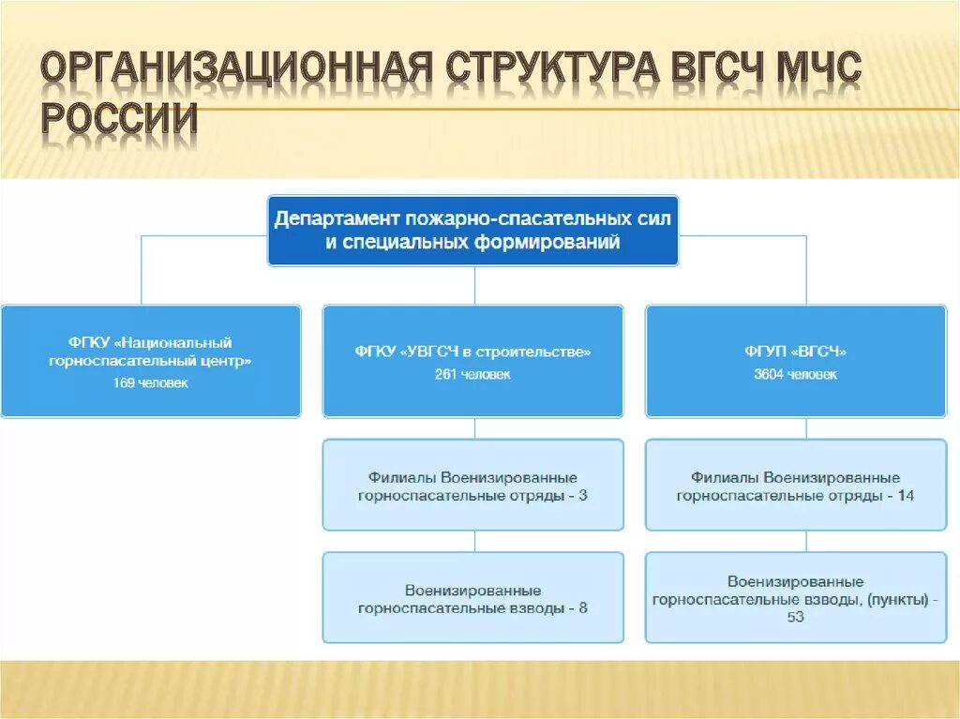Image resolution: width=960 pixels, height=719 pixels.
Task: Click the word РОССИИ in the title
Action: point(120,120)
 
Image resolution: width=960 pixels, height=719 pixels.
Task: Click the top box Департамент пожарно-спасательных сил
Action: point(472,230)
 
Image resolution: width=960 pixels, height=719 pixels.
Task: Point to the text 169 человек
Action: point(152,382)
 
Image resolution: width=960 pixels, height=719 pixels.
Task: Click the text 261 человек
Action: point(472,374)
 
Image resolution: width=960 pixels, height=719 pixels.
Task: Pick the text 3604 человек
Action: point(795,374)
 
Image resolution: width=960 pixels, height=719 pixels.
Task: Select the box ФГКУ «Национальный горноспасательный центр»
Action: point(151,361)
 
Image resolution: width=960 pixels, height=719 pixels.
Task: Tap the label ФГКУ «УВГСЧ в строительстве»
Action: point(472,352)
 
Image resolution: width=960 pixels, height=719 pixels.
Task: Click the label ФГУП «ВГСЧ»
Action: point(795,352)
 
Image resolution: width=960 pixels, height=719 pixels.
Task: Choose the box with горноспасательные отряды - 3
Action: point(472,485)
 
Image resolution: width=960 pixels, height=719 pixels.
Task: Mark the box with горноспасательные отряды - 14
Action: point(795,485)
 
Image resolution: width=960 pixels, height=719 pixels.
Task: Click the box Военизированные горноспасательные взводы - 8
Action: point(472,598)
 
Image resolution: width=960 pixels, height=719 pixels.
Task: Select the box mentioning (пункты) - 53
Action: point(795,597)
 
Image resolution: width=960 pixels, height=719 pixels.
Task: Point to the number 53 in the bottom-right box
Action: point(795,617)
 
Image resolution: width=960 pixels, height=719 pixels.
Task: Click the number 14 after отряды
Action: point(905,496)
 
